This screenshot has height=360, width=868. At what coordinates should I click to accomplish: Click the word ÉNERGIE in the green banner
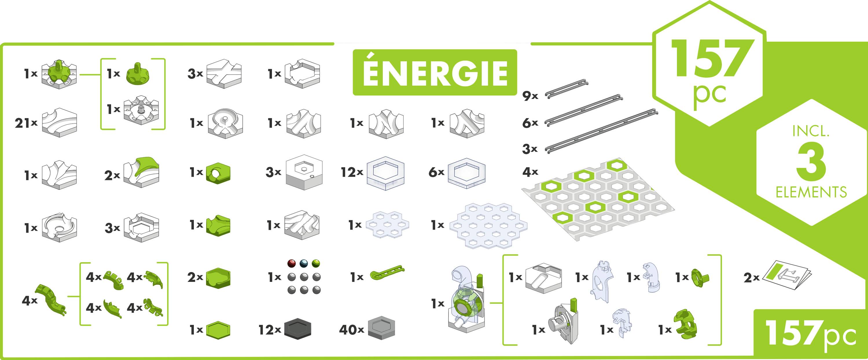coord(435,73)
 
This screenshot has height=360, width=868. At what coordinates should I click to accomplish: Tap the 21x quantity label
coord(26,123)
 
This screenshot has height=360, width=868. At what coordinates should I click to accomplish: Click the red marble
coord(291,263)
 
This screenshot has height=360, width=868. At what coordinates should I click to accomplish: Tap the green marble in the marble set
coord(316,263)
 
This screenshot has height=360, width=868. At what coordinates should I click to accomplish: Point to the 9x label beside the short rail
coord(530,96)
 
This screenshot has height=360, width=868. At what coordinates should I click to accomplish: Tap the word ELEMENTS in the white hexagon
coord(811,192)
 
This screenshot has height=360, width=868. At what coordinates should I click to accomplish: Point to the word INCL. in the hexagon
coord(811,131)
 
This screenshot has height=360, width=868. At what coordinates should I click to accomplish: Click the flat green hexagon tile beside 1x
coord(218,330)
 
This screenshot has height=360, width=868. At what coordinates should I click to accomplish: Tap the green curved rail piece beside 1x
coord(387,274)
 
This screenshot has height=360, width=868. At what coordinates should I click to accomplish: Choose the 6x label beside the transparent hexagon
coord(436,172)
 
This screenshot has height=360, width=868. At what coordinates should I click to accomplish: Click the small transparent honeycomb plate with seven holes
coord(387,225)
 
